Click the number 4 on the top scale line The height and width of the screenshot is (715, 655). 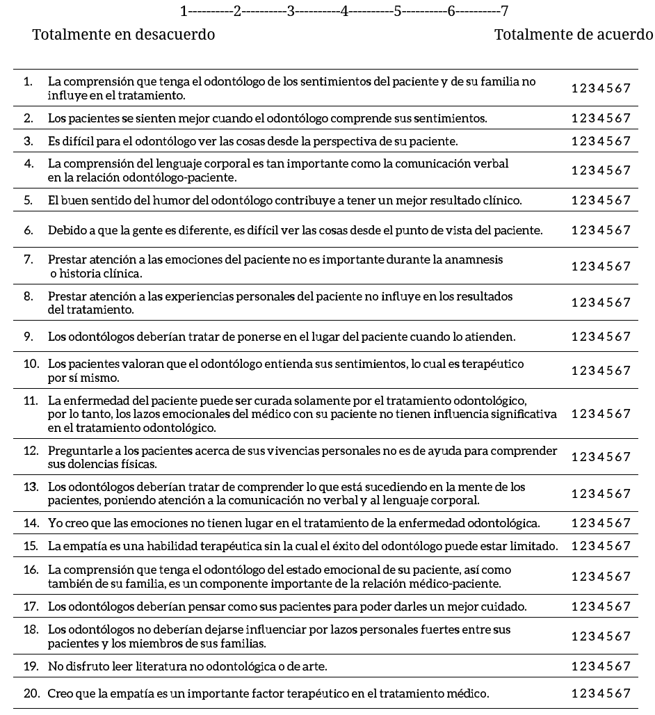coord(343,11)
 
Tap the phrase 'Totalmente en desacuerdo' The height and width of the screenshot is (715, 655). coord(124,35)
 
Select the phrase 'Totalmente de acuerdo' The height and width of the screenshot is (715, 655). coord(574,35)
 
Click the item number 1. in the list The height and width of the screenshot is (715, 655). coord(28,82)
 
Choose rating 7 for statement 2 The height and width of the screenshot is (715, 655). coord(627,118)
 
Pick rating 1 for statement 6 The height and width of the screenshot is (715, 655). coord(574,230)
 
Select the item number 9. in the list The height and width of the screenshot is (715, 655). coord(28,337)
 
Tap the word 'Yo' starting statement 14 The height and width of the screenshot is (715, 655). coord(54,522)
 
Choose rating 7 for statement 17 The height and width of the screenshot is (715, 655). coord(627,606)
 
